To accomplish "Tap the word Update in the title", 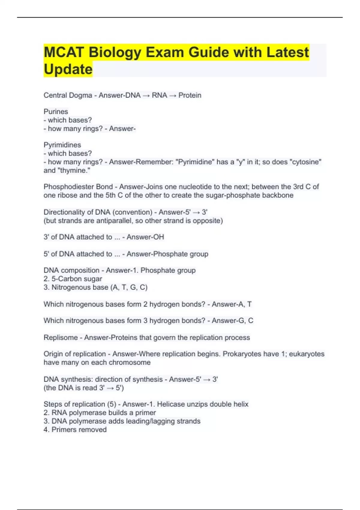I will tap(68, 69).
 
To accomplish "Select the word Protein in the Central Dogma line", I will tap(190, 95).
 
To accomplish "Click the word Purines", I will tap(56, 112).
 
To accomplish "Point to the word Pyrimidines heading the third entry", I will tap(62, 145).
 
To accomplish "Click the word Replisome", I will tap(61, 337).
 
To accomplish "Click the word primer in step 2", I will tap(145, 413).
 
